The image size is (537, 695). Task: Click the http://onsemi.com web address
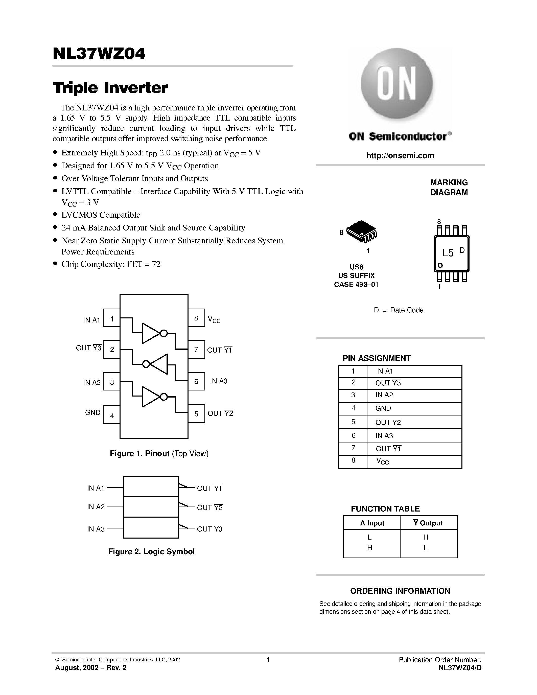400,156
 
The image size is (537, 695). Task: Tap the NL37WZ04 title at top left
99,54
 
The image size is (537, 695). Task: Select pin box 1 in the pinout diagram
112,318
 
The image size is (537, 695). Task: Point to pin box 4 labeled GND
112,415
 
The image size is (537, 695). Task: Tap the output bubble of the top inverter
164,333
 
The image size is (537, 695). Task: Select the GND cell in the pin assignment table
383,408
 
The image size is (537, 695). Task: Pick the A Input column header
371,523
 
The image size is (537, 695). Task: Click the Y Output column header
428,523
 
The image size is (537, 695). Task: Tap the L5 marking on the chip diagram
448,253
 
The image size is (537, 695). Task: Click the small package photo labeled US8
361,231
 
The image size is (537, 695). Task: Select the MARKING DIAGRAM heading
449,188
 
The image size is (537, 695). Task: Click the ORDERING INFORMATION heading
400,591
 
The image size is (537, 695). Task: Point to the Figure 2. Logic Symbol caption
151,551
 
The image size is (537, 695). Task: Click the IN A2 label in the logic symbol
96,507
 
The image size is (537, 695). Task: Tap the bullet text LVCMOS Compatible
101,215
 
